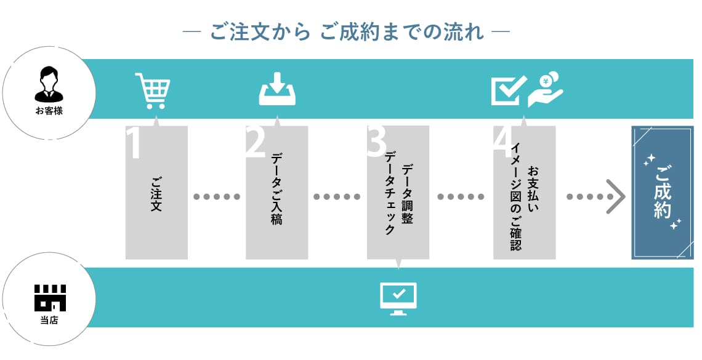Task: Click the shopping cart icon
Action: click(x=153, y=91)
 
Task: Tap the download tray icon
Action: click(x=277, y=89)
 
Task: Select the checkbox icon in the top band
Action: click(x=508, y=90)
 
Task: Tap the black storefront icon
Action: click(x=50, y=298)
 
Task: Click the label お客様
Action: click(x=49, y=111)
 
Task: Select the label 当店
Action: click(x=49, y=320)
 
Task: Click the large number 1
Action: click(x=134, y=142)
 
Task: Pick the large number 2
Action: click(x=256, y=142)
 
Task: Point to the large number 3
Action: click(x=376, y=142)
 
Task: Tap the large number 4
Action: click(x=503, y=142)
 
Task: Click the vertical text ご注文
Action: click(x=156, y=194)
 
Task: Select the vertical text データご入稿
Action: click(x=276, y=188)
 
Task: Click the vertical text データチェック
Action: click(x=390, y=193)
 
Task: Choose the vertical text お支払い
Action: click(x=533, y=189)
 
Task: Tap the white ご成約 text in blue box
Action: click(x=663, y=192)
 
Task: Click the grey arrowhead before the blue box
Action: click(x=616, y=197)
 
